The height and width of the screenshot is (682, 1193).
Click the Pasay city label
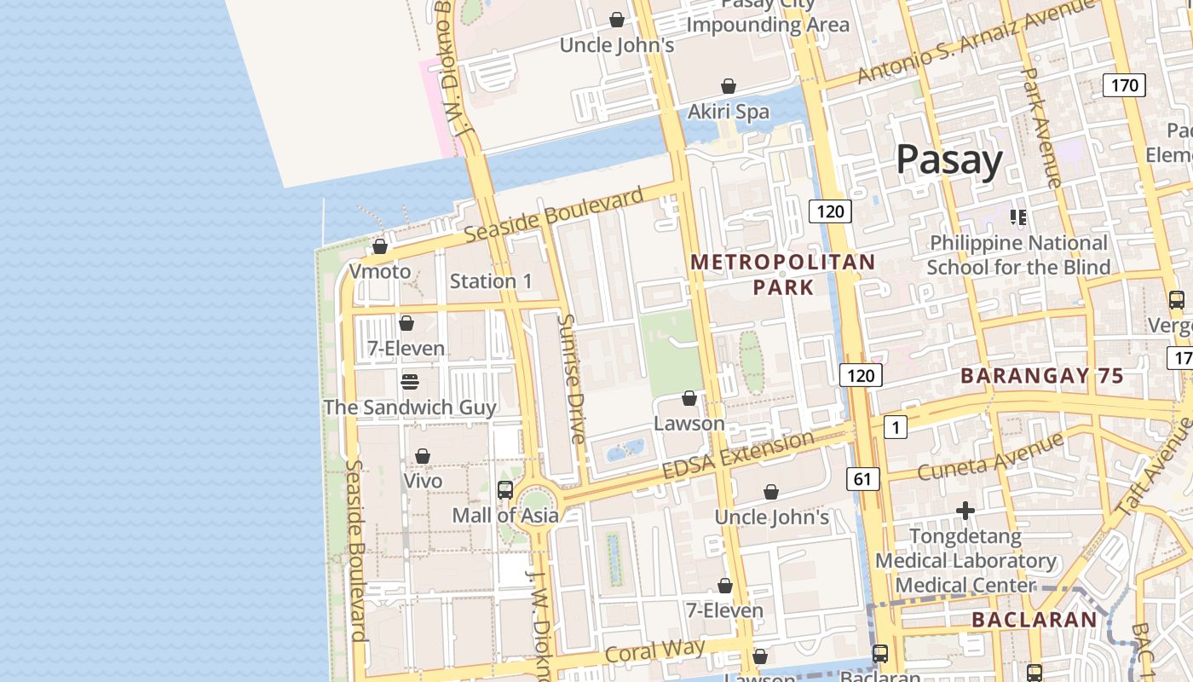(x=949, y=160)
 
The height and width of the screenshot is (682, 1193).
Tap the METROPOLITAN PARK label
(x=783, y=274)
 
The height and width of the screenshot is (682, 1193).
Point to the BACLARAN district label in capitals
(x=1034, y=620)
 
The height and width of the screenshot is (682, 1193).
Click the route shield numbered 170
(x=1124, y=85)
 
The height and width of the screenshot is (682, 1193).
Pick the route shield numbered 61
(x=862, y=479)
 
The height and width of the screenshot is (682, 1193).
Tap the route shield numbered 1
(x=895, y=427)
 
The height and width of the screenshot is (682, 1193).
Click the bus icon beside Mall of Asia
(x=505, y=490)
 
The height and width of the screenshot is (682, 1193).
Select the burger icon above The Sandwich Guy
(x=410, y=381)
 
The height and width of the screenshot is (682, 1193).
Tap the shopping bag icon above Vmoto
(x=380, y=247)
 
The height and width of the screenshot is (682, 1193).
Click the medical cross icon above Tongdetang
(x=965, y=511)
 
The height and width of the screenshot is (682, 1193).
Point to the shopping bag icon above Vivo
(x=423, y=457)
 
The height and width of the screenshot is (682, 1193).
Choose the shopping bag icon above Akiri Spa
(x=729, y=86)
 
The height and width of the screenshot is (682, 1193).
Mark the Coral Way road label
(x=654, y=651)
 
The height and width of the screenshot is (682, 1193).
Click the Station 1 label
(x=491, y=281)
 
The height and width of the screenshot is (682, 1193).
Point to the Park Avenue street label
(x=1041, y=128)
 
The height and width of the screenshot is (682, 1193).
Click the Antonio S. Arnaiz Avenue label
(x=975, y=43)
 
